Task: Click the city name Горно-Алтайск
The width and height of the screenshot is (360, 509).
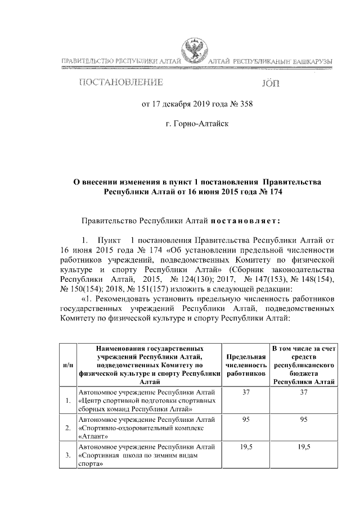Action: point(197,121)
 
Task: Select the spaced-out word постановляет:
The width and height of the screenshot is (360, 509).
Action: point(242,220)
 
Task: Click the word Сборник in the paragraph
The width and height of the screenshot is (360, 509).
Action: point(245,269)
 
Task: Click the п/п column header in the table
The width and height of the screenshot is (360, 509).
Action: point(67,365)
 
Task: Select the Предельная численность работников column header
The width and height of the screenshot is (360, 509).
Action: point(245,365)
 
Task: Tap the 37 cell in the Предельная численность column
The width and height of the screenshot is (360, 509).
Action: point(246,391)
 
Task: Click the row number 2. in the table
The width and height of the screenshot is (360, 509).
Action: point(67,427)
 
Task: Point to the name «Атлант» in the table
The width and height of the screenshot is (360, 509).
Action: point(93,436)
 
